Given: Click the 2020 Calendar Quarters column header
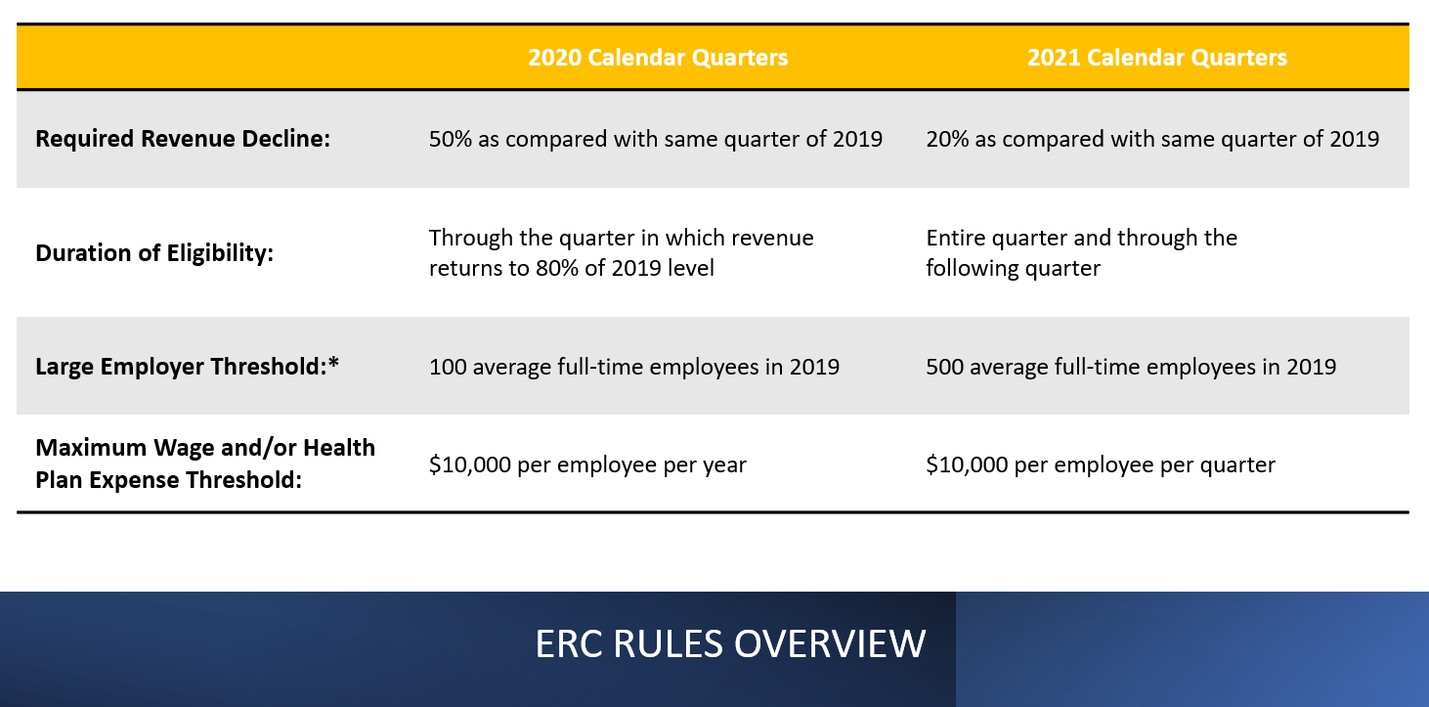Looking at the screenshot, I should click(x=658, y=58).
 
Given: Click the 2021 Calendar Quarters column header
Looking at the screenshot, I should click(x=1156, y=58).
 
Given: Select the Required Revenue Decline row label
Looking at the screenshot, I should click(x=183, y=139).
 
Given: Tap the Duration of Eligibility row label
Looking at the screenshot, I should click(x=154, y=253).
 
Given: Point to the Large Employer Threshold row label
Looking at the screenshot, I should click(x=187, y=367).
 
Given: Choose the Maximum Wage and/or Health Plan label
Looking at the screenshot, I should click(x=205, y=464).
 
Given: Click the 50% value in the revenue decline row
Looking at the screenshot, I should click(x=448, y=139).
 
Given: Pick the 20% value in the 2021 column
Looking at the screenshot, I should click(x=945, y=139).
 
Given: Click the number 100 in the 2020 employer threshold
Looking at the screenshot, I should click(x=447, y=367).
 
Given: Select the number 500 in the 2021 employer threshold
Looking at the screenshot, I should click(x=945, y=367).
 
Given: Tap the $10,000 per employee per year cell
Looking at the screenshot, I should click(x=587, y=464).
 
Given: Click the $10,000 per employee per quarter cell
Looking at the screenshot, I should click(x=1101, y=464).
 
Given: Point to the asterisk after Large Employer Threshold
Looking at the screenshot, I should click(x=333, y=365).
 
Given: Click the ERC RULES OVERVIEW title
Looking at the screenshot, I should click(x=730, y=644).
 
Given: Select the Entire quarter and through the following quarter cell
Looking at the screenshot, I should click(x=1081, y=252).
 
